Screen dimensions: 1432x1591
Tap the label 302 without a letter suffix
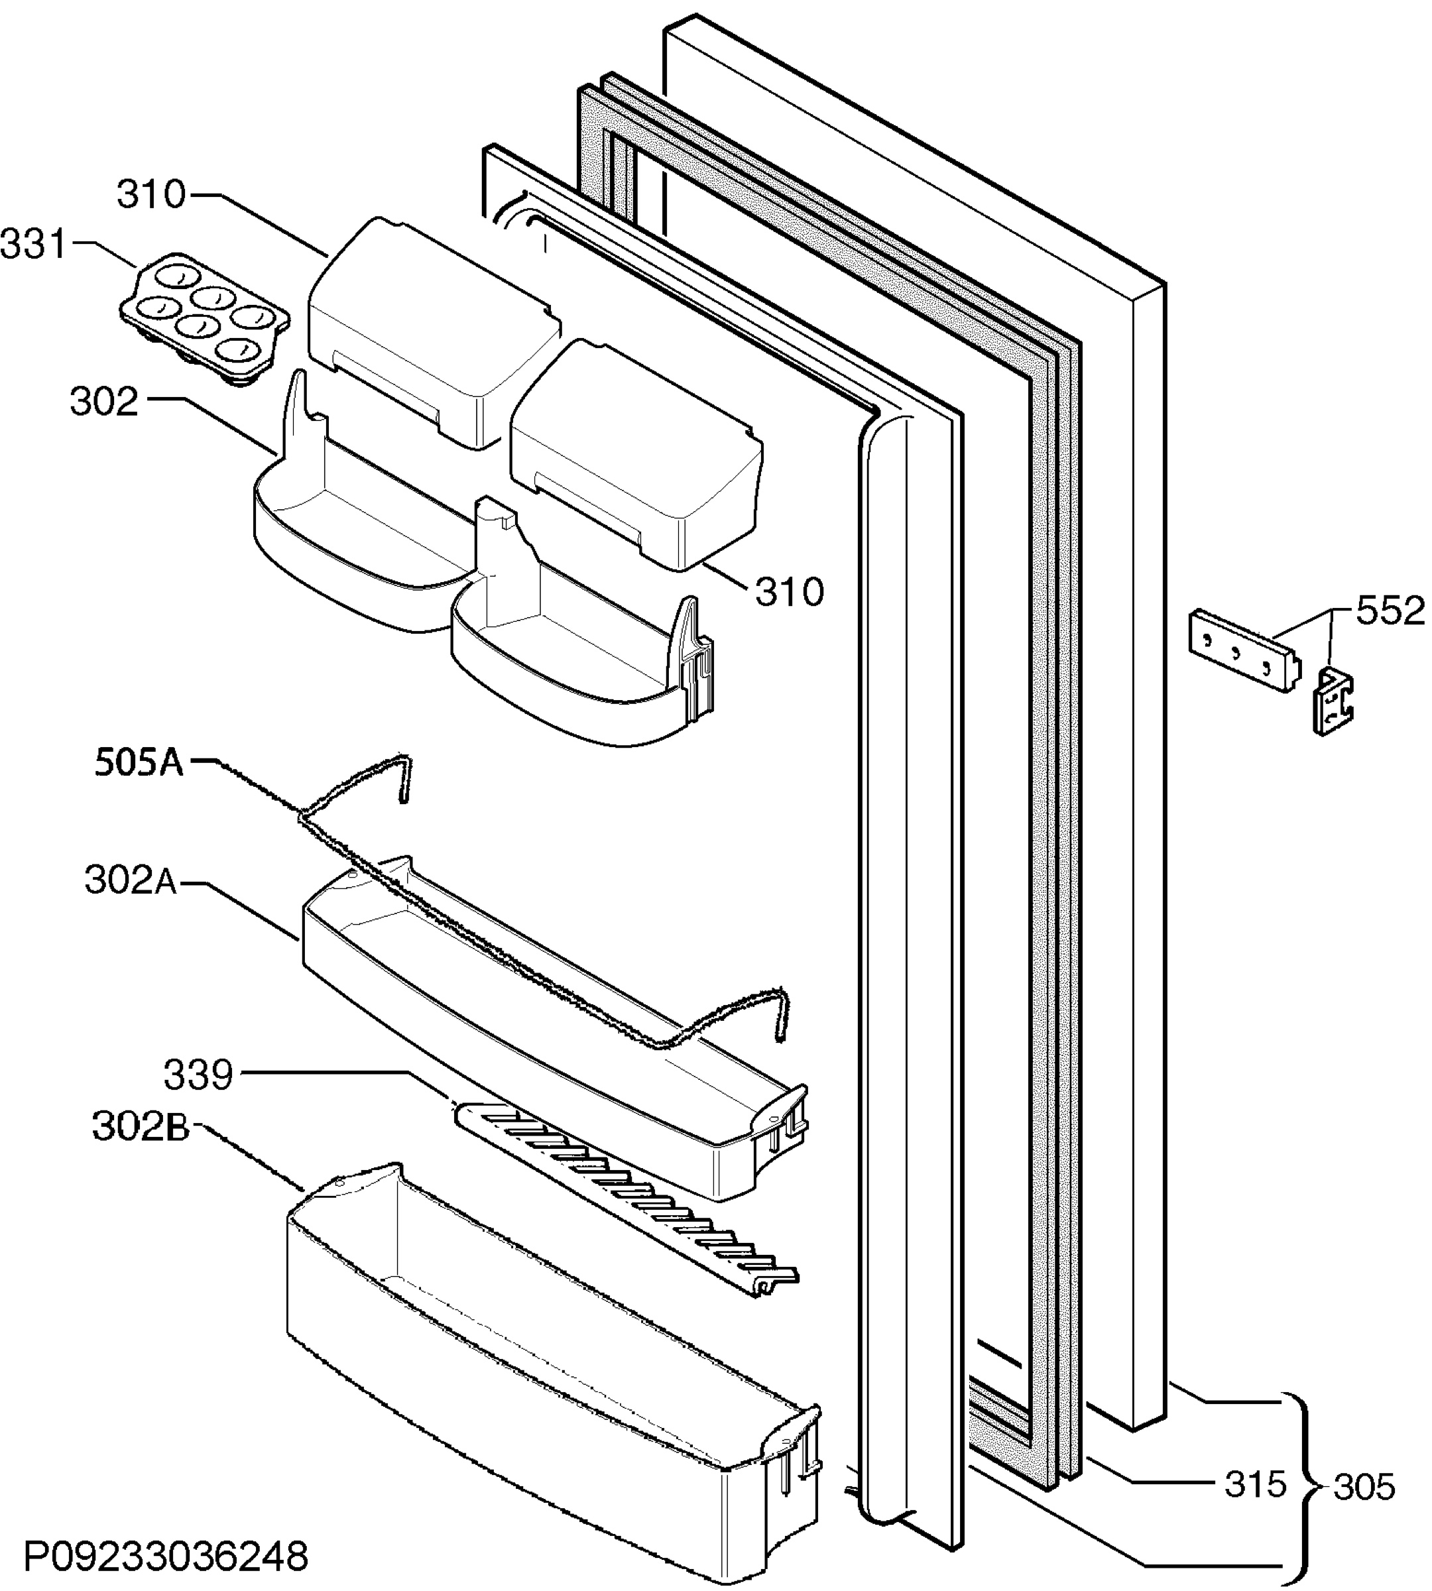(104, 402)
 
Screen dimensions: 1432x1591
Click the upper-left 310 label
(151, 194)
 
